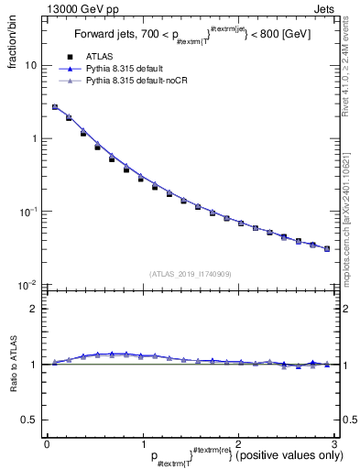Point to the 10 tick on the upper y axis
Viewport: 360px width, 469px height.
32,66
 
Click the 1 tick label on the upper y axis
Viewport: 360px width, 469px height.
35,139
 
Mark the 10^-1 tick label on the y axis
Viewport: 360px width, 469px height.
30,212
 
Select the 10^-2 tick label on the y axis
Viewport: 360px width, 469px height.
30,285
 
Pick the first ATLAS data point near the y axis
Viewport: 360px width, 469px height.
55,107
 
